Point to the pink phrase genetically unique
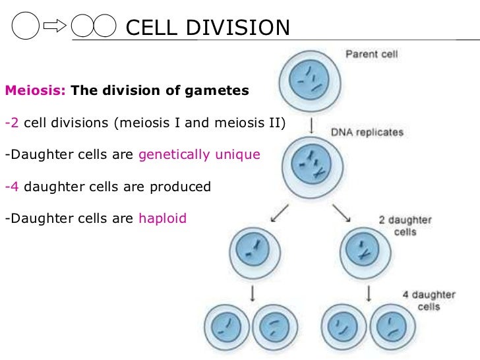(x=199, y=155)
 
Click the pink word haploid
(x=162, y=218)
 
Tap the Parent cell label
(x=372, y=55)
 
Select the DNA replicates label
(x=367, y=132)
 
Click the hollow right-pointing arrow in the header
(x=55, y=27)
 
